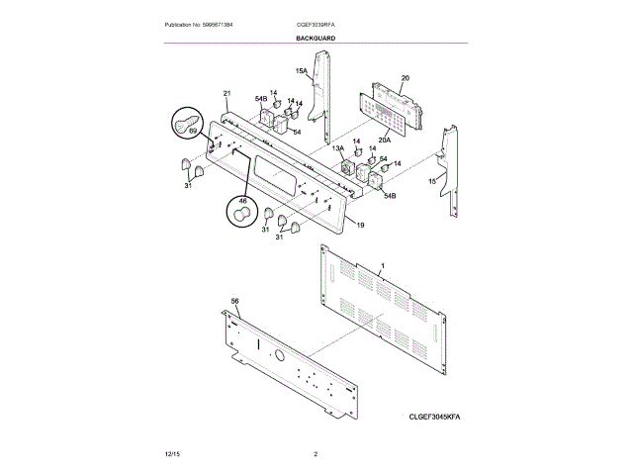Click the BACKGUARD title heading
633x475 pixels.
pos(315,38)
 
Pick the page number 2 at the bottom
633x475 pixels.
pos(316,453)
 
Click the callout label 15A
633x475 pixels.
pos(301,71)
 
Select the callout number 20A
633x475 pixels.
pos(383,140)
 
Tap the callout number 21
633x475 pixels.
pos(226,93)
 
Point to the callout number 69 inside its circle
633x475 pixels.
pos(194,131)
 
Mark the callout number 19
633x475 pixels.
pos(360,226)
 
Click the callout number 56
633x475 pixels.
pos(234,300)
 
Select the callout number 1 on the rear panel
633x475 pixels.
pos(383,267)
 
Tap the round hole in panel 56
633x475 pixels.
pos(279,355)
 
